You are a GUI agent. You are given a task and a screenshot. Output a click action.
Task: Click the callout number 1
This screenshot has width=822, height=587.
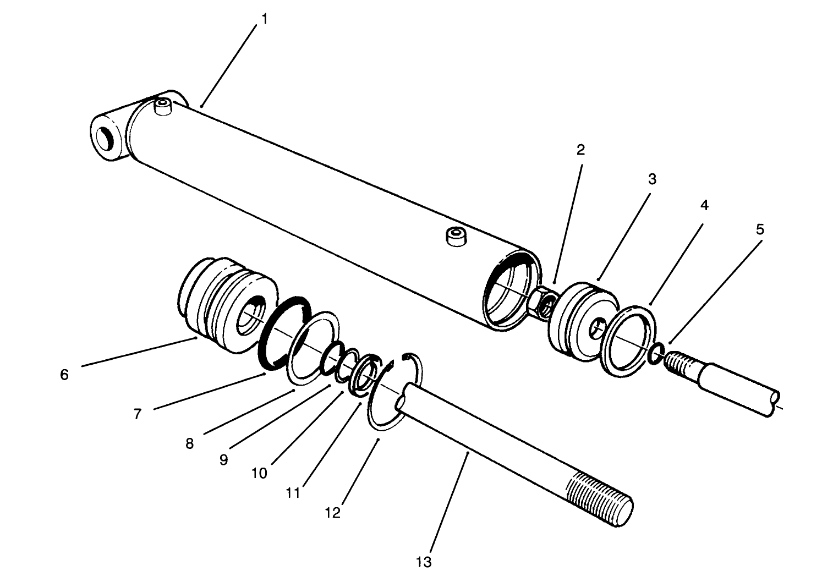click(264, 19)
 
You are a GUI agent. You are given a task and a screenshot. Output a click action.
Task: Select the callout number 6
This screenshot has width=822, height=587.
click(64, 375)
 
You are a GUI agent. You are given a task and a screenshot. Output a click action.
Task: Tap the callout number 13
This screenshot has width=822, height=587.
click(424, 562)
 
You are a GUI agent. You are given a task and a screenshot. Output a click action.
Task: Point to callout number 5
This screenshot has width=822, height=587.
click(760, 229)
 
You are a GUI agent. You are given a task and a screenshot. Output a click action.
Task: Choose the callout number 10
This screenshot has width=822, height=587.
click(259, 473)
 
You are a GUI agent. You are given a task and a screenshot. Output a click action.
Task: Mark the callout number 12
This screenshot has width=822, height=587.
click(332, 513)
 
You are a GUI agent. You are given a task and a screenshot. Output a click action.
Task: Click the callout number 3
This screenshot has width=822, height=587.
click(651, 179)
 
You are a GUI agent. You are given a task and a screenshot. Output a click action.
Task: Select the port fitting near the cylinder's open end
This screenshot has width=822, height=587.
click(456, 237)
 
